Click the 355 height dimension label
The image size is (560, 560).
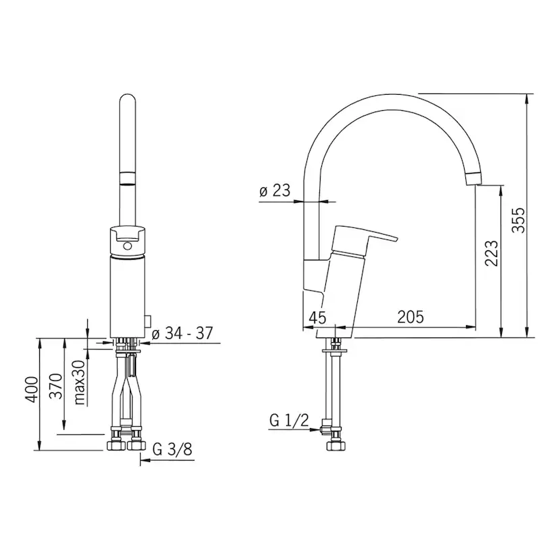(x=519, y=220)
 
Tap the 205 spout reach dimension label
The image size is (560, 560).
(x=411, y=317)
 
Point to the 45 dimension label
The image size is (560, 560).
(x=317, y=317)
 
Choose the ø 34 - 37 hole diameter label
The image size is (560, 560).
(x=182, y=333)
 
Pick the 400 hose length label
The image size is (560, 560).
(x=31, y=390)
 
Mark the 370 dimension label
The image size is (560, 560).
(x=55, y=386)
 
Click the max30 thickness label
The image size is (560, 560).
(x=80, y=381)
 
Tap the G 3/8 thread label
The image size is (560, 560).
(x=172, y=449)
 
